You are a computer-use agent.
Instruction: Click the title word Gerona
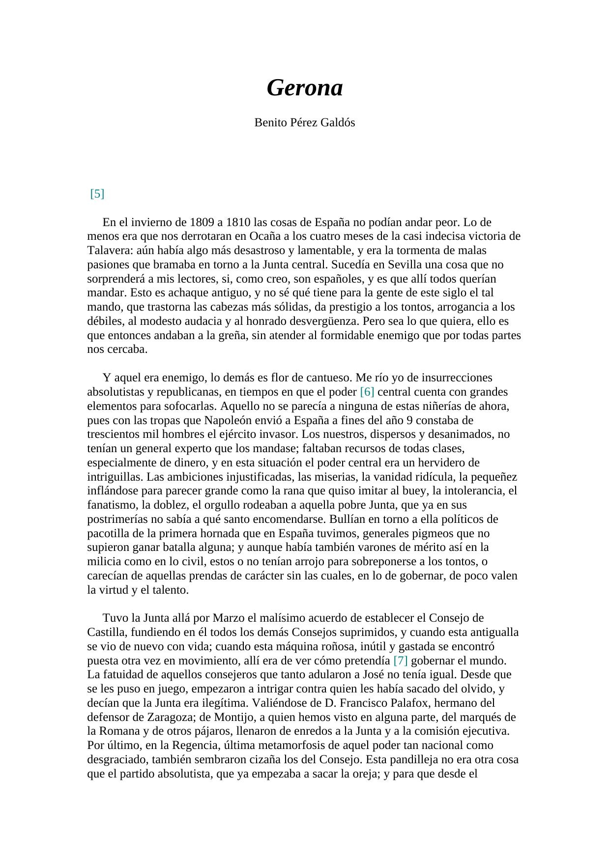pyautogui.click(x=304, y=88)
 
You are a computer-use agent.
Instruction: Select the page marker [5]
pyautogui.click(x=97, y=194)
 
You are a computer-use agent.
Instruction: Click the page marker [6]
pyautogui.click(x=367, y=392)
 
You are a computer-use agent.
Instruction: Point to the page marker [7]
pyautogui.click(x=401, y=660)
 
